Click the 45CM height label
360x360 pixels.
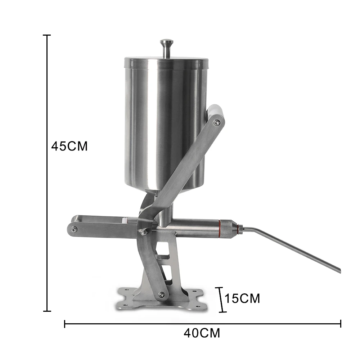point(69,147)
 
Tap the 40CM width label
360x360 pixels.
point(202,333)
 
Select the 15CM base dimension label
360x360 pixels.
point(242,298)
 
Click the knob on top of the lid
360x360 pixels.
point(166,44)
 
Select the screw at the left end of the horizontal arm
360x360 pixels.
point(73,229)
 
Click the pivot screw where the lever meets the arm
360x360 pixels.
point(143,233)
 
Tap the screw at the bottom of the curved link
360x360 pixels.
point(162,295)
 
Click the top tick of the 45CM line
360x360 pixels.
point(46,35)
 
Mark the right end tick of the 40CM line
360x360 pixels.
point(341,324)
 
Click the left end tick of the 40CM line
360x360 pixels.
point(64,324)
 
